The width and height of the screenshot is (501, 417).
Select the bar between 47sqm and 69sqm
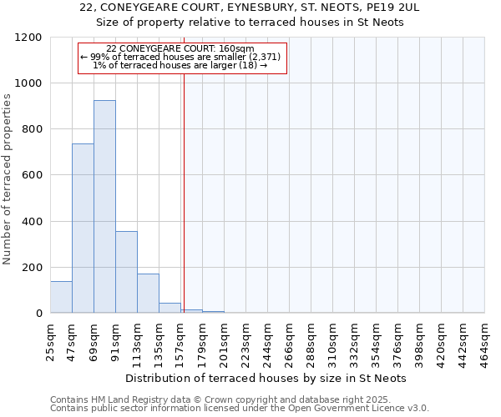click(83, 229)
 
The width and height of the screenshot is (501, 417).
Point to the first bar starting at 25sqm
click(61, 297)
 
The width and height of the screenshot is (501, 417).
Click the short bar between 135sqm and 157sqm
click(170, 308)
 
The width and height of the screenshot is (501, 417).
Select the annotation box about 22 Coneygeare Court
click(182, 57)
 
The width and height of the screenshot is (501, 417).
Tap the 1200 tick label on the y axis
click(28, 38)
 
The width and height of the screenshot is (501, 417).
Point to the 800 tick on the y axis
click(32, 129)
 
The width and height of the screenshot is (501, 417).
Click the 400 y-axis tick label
click(32, 222)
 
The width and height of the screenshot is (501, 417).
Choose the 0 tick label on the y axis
click(38, 314)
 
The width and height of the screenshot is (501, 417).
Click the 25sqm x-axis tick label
click(50, 340)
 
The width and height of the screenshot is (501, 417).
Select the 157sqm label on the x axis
click(180, 340)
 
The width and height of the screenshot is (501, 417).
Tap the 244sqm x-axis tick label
click(267, 340)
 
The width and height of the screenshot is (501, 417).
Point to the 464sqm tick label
click(484, 340)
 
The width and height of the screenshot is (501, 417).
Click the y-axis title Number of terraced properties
click(8, 179)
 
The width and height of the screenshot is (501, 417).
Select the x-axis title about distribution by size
click(267, 378)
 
